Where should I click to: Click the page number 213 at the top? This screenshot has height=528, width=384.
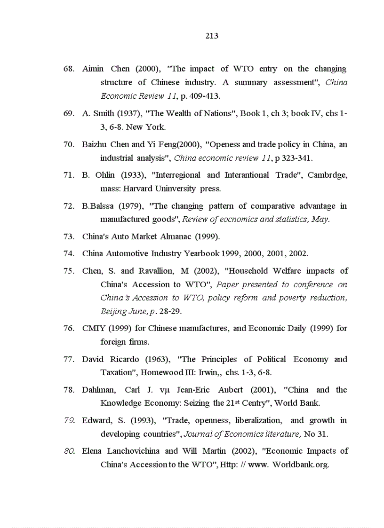[212, 36]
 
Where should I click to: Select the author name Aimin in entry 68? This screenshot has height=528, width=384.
[92, 69]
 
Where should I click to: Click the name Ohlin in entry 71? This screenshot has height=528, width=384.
[104, 175]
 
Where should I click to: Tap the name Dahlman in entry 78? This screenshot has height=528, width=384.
[99, 390]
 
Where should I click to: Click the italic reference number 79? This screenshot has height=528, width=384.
[68, 420]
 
